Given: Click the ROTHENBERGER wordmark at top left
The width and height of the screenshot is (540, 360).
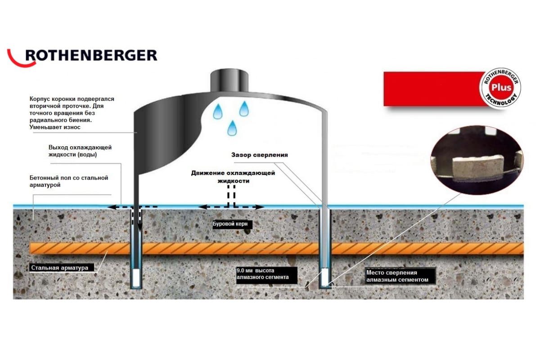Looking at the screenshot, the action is pos(91,55).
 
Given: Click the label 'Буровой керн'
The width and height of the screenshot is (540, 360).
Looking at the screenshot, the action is pos(230,224).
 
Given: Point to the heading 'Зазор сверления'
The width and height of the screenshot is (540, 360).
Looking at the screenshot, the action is pos(260,155).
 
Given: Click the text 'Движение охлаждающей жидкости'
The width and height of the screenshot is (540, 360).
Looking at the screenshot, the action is pos(233,177).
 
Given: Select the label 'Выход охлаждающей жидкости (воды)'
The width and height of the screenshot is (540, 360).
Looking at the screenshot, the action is pos(80,151).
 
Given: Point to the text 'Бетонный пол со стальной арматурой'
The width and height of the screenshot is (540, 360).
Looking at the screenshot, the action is pos(69,181).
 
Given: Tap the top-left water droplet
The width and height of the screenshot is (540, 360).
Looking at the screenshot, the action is pos(218,111).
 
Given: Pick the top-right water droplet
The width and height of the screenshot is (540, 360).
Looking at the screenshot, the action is pos(244,108).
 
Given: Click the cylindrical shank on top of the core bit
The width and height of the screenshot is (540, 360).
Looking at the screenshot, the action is pos(229,81).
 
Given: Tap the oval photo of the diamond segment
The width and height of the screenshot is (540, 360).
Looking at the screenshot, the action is pos(477,160).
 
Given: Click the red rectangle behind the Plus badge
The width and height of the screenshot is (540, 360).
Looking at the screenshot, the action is pos(434,89).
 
